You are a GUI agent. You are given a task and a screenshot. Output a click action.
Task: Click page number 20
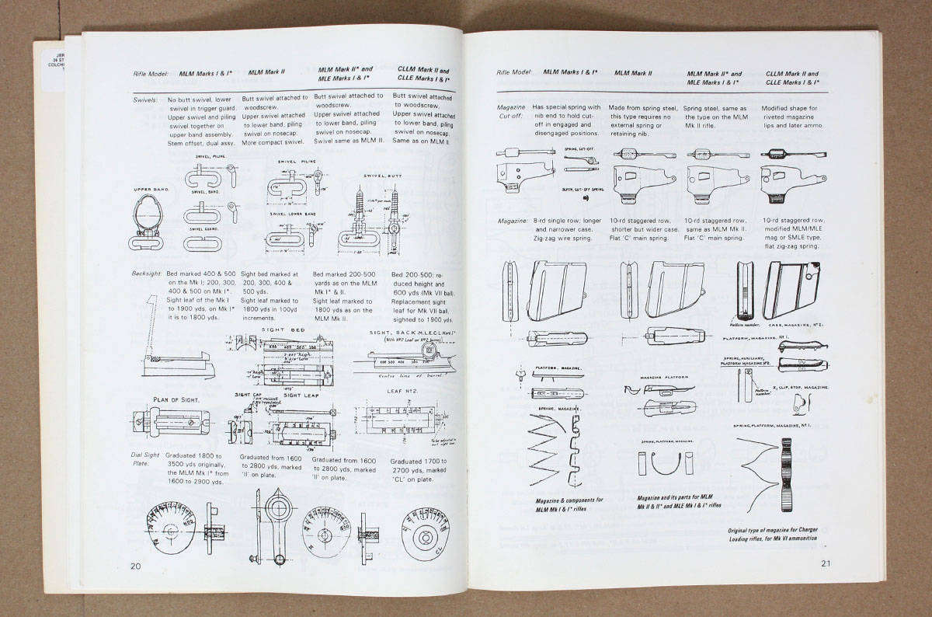pos(135,565)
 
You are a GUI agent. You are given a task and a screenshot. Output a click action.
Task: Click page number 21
pos(825,563)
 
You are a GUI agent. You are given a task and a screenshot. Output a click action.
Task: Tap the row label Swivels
pos(146,100)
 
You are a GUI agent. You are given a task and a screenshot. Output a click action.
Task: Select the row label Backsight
pos(148,274)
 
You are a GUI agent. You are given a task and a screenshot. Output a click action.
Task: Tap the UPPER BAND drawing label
pos(152,189)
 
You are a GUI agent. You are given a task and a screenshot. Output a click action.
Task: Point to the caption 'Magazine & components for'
pos(570,500)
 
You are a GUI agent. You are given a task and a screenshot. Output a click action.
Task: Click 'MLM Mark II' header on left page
pos(266,72)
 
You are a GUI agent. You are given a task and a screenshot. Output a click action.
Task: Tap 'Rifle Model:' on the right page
pos(514,72)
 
